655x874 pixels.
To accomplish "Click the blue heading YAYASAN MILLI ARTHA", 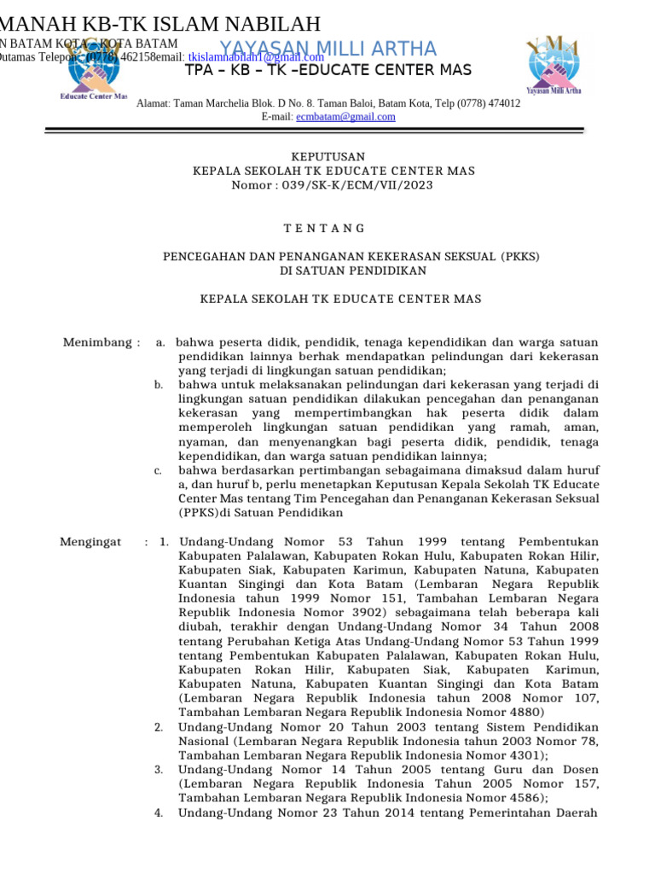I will pos(328,49).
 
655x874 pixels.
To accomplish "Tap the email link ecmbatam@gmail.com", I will pos(345,117).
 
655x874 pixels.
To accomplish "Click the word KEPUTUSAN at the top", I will pos(328,156).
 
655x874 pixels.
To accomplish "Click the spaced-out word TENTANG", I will pos(323,228).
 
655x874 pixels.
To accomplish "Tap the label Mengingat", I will pos(90,542).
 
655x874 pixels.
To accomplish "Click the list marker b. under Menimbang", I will pos(159,386).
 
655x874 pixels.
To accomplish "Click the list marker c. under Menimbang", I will pos(159,470).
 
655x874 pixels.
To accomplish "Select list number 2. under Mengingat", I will pos(159,727).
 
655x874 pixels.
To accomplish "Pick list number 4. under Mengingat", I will pos(159,813).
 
